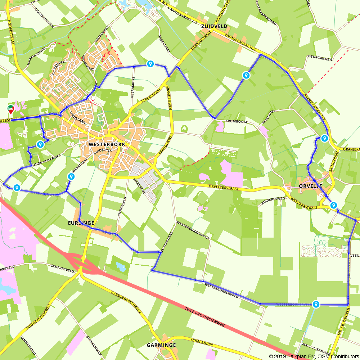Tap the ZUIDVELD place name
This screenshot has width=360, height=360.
click(214, 26)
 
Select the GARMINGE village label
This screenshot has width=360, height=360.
click(161, 345)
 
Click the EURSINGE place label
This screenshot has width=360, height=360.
click(81, 223)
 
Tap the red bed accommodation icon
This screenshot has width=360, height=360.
click(11, 108)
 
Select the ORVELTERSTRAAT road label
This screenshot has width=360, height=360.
click(229, 188)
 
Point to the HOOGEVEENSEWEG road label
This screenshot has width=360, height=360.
click(37, 316)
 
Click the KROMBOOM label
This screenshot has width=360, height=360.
click(236, 122)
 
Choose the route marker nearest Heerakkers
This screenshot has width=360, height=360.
click(150, 64)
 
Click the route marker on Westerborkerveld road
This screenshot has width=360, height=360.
click(316, 304)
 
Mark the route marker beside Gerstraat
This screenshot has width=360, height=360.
click(71, 176)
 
